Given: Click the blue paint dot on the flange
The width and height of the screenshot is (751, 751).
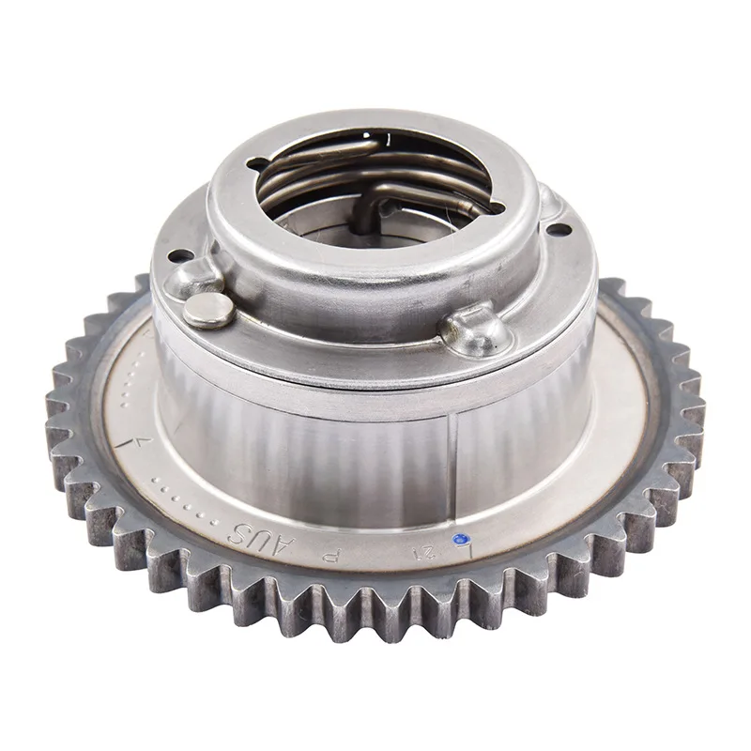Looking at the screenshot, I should click(459, 539).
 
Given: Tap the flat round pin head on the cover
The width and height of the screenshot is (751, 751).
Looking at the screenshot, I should click(206, 309).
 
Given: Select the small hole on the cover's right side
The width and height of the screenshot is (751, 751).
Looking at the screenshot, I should click(559, 228).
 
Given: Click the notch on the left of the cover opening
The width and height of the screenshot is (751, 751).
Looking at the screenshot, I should click(256, 166).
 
